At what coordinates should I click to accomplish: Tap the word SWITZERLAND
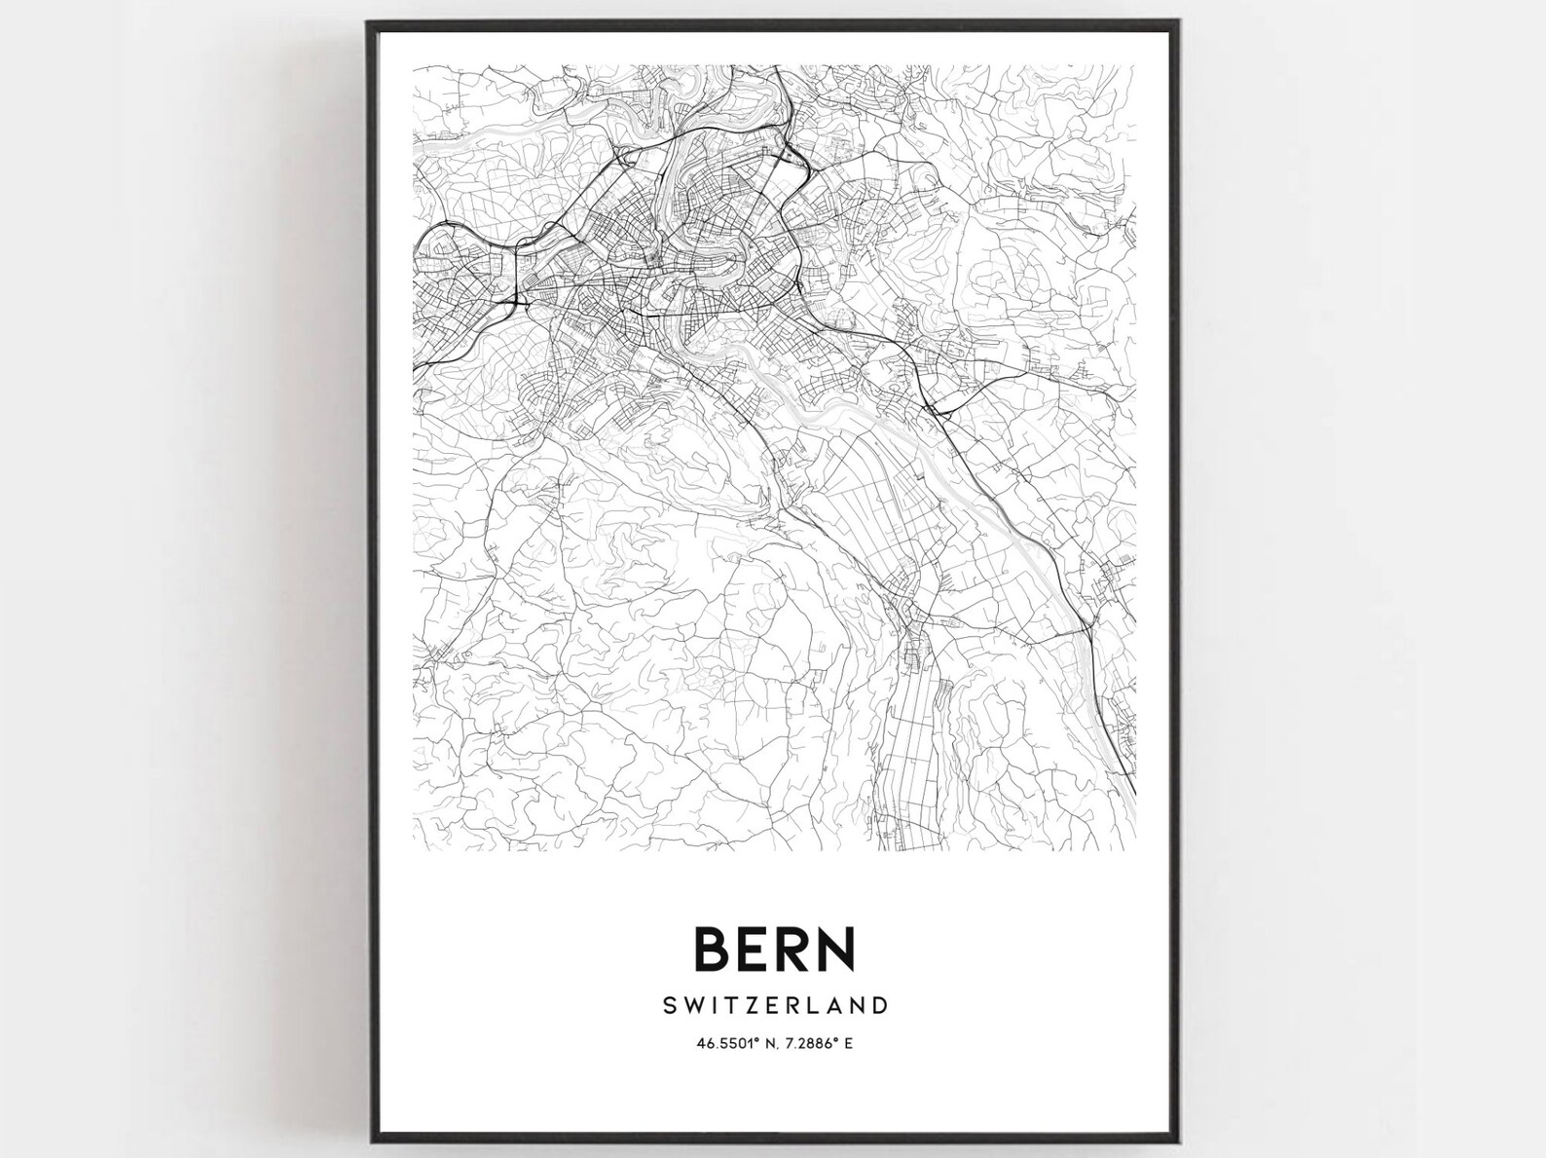tap(774, 1004)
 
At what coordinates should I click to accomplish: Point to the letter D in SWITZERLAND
tap(879, 1004)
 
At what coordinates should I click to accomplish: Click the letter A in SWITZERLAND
tap(835, 1004)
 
